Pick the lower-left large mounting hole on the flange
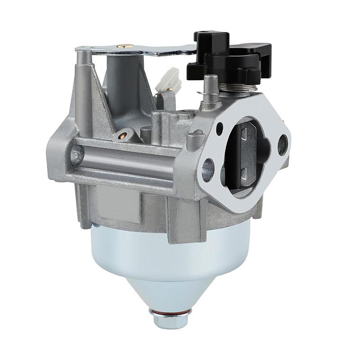click(208, 166)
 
